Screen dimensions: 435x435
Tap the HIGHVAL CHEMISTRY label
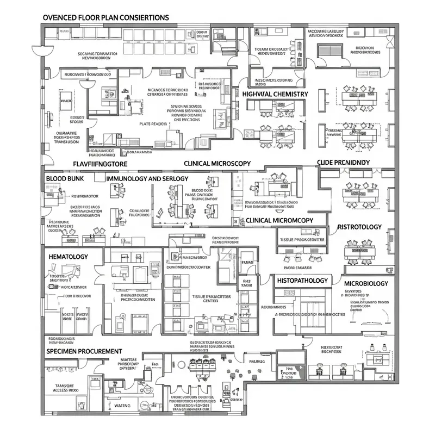point(275,94)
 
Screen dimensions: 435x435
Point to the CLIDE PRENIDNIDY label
point(343,163)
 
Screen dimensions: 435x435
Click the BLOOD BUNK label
point(67,178)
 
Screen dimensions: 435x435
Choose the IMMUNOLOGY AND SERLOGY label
point(147,178)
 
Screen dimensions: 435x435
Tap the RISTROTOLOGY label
point(359,227)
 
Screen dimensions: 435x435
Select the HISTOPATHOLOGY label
point(302,281)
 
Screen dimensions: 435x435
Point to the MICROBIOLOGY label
point(366,283)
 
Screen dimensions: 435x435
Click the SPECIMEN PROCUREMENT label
point(84,351)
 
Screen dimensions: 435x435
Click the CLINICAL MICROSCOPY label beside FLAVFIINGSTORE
point(217,163)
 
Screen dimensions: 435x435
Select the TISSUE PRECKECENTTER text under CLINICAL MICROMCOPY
point(302,239)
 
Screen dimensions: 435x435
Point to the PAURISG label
point(257,360)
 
